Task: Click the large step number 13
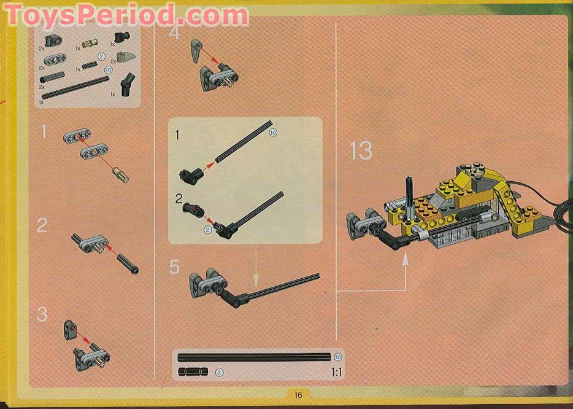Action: (361, 150)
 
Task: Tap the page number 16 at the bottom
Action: (299, 395)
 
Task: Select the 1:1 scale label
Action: (336, 372)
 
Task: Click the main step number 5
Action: (175, 267)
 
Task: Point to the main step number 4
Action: (175, 32)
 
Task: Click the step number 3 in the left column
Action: (42, 315)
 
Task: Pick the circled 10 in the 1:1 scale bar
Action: (338, 357)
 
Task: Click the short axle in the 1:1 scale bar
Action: (193, 372)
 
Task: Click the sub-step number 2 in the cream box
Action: (179, 199)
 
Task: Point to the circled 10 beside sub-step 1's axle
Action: (273, 132)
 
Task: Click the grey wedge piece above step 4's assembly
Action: (196, 49)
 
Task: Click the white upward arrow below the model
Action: (405, 261)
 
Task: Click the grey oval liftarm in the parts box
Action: (52, 60)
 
